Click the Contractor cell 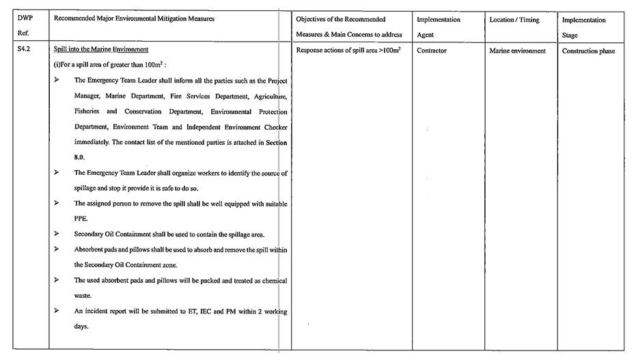point(432,51)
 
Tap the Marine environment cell point(517,51)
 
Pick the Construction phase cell point(588,51)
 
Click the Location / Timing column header point(514,20)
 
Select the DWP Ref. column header point(26,27)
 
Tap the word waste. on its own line point(83,296)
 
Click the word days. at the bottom point(81,327)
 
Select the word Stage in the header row point(570,35)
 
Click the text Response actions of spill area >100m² point(348,51)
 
